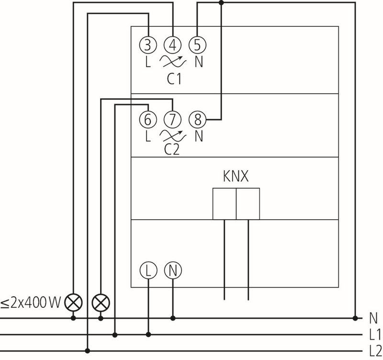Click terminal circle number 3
click(148, 45)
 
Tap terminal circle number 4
click(172, 45)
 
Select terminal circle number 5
click(196, 45)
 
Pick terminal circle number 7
click(172, 118)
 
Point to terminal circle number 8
click(196, 118)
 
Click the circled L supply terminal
click(148, 271)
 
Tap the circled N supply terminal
click(172, 271)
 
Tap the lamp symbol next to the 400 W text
click(73, 302)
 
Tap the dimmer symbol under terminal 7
click(172, 135)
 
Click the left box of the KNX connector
click(224, 203)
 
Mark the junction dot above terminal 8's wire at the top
click(220, 2)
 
